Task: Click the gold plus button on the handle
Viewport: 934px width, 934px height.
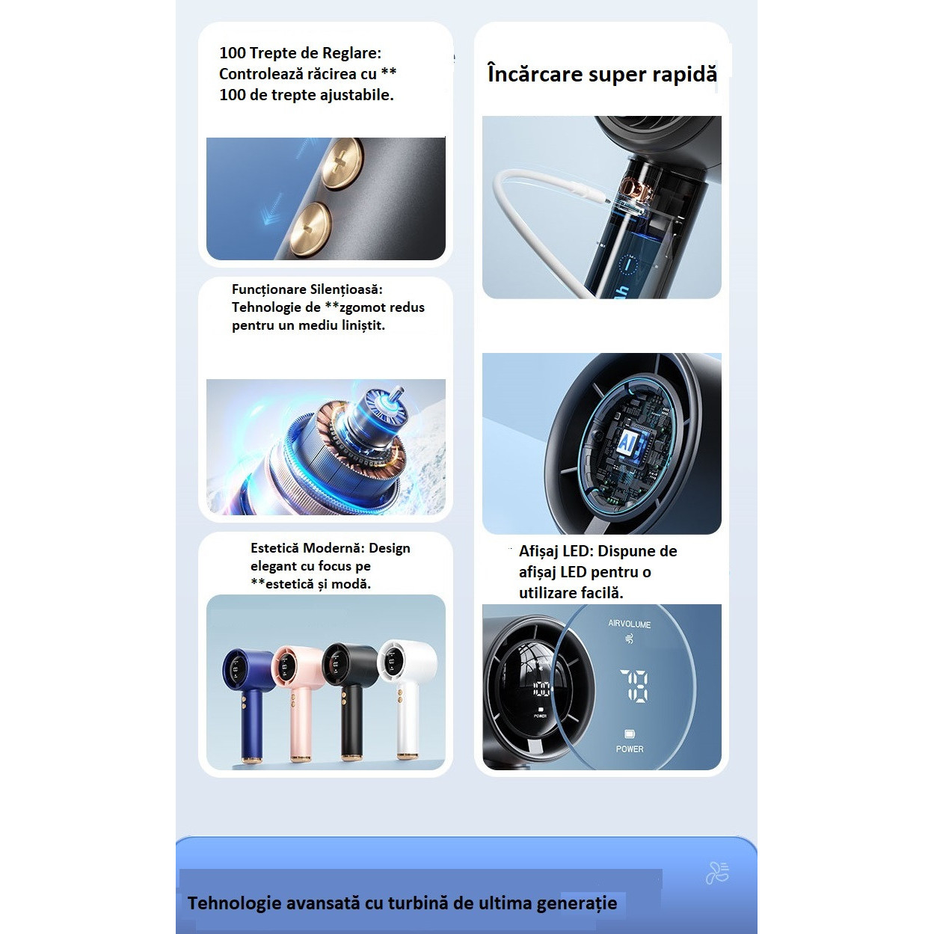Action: click(343, 162)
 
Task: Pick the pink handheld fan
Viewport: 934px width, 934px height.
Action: click(297, 703)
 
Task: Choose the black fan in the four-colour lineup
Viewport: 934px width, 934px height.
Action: click(350, 702)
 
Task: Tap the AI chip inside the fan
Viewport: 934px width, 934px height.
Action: click(630, 443)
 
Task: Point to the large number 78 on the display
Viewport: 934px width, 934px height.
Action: click(634, 685)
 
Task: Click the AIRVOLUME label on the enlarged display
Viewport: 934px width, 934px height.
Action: click(629, 624)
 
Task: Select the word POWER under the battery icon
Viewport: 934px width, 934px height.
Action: click(630, 749)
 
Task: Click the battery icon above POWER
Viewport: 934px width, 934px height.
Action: click(630, 734)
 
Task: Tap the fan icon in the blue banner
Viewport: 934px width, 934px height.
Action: click(718, 873)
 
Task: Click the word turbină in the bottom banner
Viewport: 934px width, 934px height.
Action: click(417, 903)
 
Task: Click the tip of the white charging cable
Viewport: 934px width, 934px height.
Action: click(606, 199)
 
